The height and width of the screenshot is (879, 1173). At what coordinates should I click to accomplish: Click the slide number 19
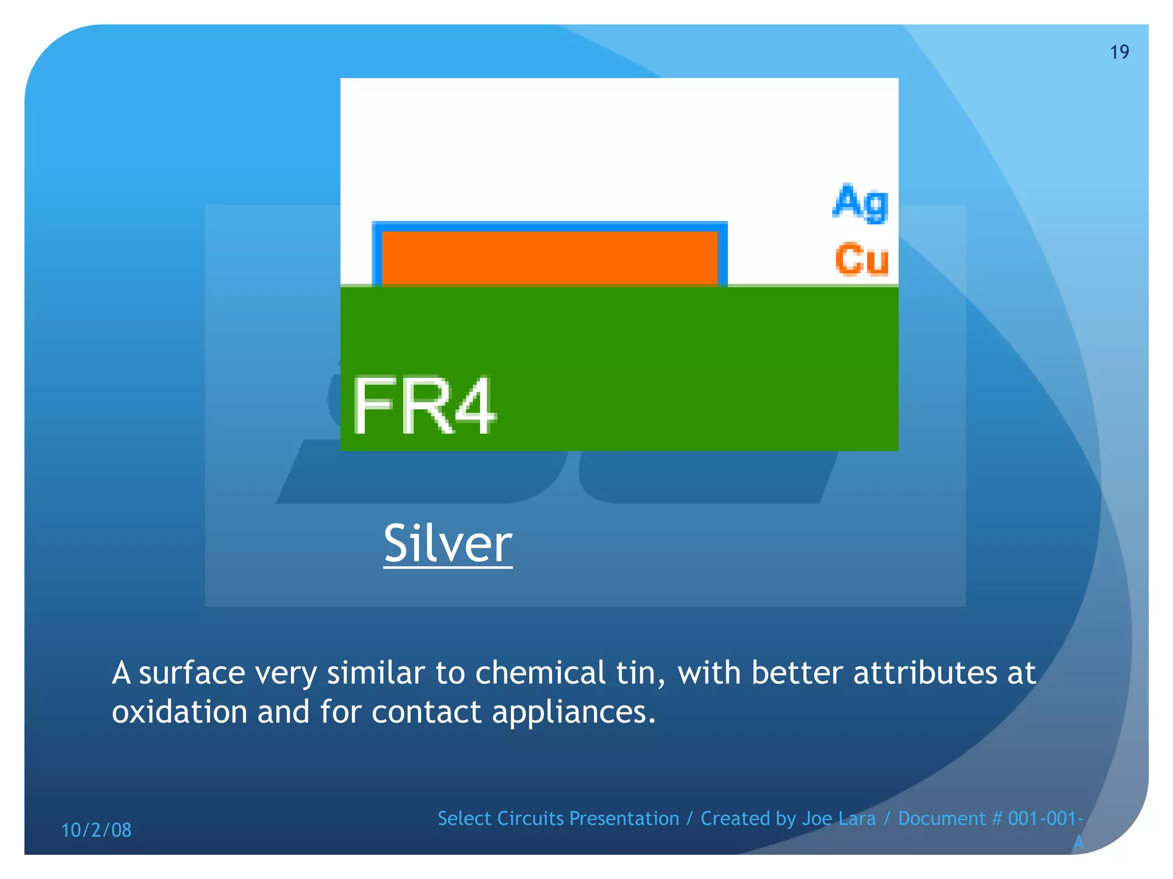click(1119, 52)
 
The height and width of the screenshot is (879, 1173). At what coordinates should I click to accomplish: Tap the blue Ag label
click(860, 203)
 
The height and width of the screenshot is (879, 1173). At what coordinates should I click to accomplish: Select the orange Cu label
click(861, 259)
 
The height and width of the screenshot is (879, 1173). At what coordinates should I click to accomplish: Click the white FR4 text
click(423, 406)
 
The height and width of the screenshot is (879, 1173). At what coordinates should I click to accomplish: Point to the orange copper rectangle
click(549, 258)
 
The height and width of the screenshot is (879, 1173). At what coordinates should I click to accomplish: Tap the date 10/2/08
click(96, 830)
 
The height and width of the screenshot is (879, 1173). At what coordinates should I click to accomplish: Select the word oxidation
click(179, 712)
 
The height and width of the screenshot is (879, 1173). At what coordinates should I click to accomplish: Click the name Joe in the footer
click(817, 818)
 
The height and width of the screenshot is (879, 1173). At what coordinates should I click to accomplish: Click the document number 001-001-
click(1045, 818)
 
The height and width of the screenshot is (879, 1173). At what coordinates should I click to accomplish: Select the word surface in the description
click(192, 673)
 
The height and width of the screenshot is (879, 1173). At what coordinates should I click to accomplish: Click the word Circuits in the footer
click(530, 818)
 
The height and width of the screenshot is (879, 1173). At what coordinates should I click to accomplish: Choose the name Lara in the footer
click(857, 818)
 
